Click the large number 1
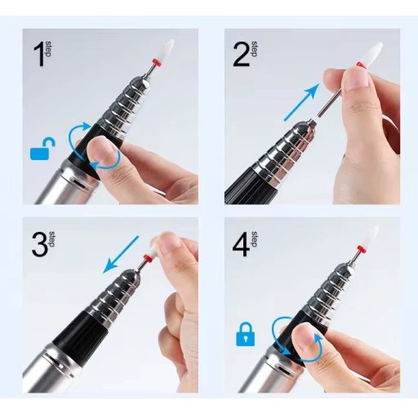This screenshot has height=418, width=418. click(39, 56)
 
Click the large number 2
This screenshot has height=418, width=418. click(241, 56)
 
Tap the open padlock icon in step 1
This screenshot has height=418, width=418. click(42, 149)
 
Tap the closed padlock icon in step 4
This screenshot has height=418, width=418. click(246, 334)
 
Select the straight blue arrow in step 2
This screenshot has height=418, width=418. click(301, 102)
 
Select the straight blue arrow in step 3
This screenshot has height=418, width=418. click(121, 255)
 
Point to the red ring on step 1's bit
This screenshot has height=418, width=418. click(156, 62)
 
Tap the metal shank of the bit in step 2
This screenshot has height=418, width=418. click(330, 102)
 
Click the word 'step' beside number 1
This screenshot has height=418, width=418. click(48, 49)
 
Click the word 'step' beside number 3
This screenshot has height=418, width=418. click(52, 239)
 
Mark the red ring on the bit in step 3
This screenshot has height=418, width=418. click(148, 257)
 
